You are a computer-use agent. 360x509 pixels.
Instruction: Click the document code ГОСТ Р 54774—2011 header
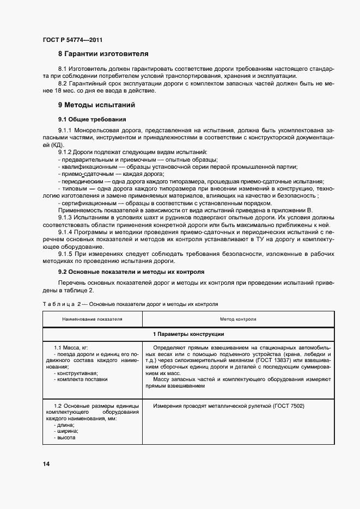point(72,40)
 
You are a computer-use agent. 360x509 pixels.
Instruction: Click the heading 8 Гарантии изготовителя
point(103,54)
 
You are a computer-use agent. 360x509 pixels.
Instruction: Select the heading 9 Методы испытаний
point(96,105)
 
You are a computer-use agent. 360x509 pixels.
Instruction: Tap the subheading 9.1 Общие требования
point(92,119)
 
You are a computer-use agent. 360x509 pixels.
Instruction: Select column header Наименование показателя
point(92,319)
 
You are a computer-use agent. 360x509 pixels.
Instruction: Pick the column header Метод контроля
point(238,319)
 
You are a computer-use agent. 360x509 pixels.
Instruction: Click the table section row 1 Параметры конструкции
point(188,334)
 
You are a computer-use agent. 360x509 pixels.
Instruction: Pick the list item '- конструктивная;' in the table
point(76,373)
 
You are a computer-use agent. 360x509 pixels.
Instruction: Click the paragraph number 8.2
point(63,83)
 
